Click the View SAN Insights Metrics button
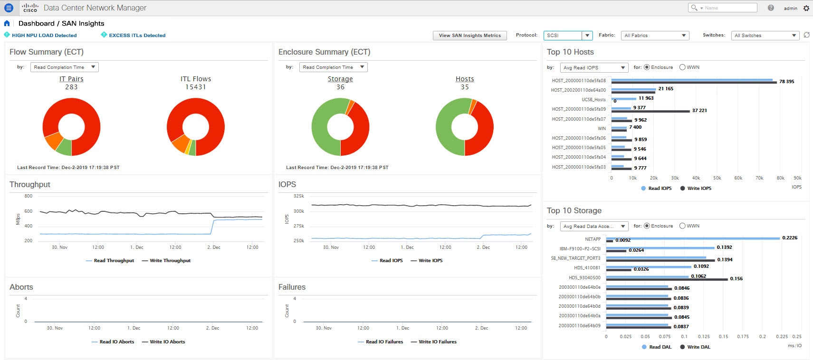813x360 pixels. click(x=469, y=36)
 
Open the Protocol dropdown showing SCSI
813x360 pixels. click(x=568, y=36)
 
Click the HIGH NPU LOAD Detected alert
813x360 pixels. click(x=44, y=35)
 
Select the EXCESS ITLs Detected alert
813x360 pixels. click(x=137, y=35)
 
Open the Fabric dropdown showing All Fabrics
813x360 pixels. click(x=655, y=36)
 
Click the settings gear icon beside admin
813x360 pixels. click(x=806, y=8)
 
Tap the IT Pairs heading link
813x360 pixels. click(x=71, y=79)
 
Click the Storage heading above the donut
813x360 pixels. click(x=340, y=79)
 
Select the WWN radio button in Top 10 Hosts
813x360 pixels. click(x=682, y=67)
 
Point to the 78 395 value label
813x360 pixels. click(x=786, y=82)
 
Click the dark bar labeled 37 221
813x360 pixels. click(x=650, y=111)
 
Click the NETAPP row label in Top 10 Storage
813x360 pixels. click(x=593, y=239)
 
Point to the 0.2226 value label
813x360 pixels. click(x=790, y=238)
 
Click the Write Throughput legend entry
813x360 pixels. click(x=170, y=261)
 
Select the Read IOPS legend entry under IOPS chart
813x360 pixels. click(x=391, y=261)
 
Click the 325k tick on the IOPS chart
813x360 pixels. click(x=299, y=196)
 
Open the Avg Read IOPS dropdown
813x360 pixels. click(x=594, y=68)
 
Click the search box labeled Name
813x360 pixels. click(x=727, y=8)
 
